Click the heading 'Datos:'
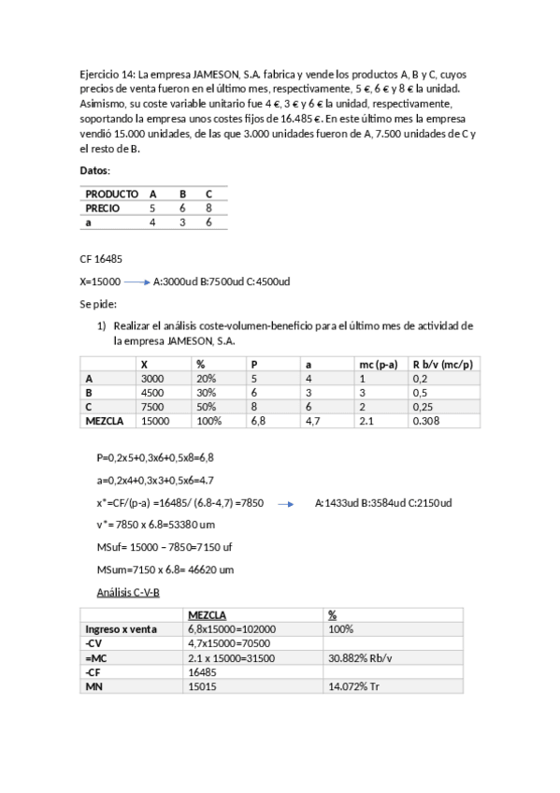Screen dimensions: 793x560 tap(95, 170)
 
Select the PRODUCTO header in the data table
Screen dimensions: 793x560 tap(111, 195)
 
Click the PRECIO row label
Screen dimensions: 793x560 tap(103, 209)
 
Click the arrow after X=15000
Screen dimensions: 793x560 tap(136, 281)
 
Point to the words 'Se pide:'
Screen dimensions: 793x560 tap(98, 304)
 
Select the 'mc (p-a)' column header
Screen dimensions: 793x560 tap(379, 364)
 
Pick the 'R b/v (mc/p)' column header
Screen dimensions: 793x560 tap(441, 364)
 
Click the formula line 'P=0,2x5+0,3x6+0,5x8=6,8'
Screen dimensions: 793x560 tap(155, 458)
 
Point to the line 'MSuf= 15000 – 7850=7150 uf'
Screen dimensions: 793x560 tap(162, 547)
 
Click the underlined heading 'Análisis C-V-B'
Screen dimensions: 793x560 tap(128, 592)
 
